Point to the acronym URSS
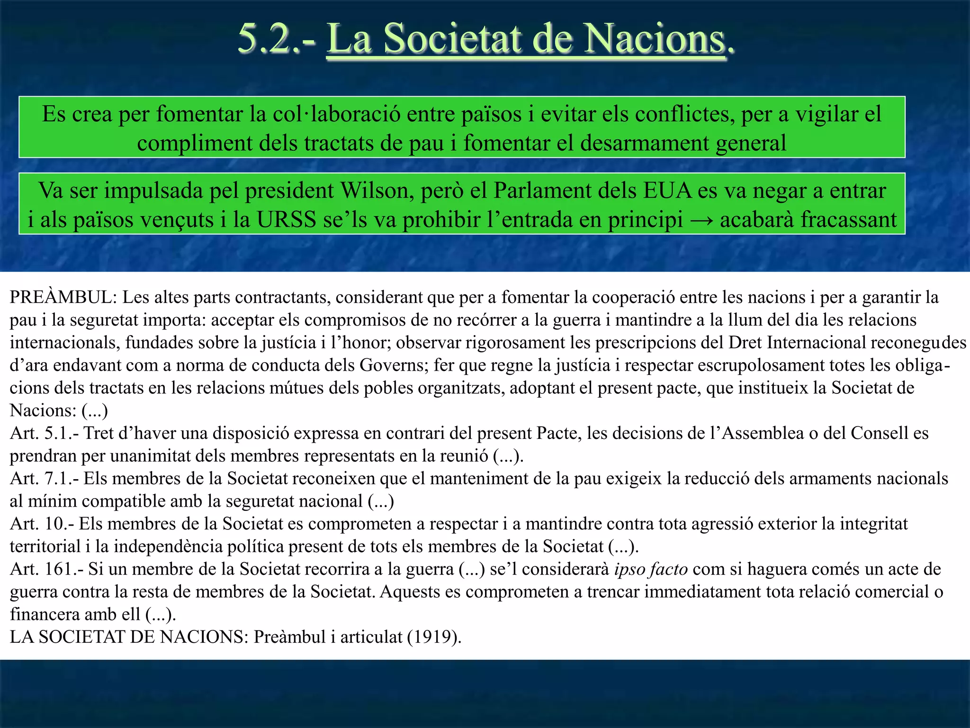click(287, 220)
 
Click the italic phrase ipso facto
click(651, 569)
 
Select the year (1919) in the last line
click(434, 637)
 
